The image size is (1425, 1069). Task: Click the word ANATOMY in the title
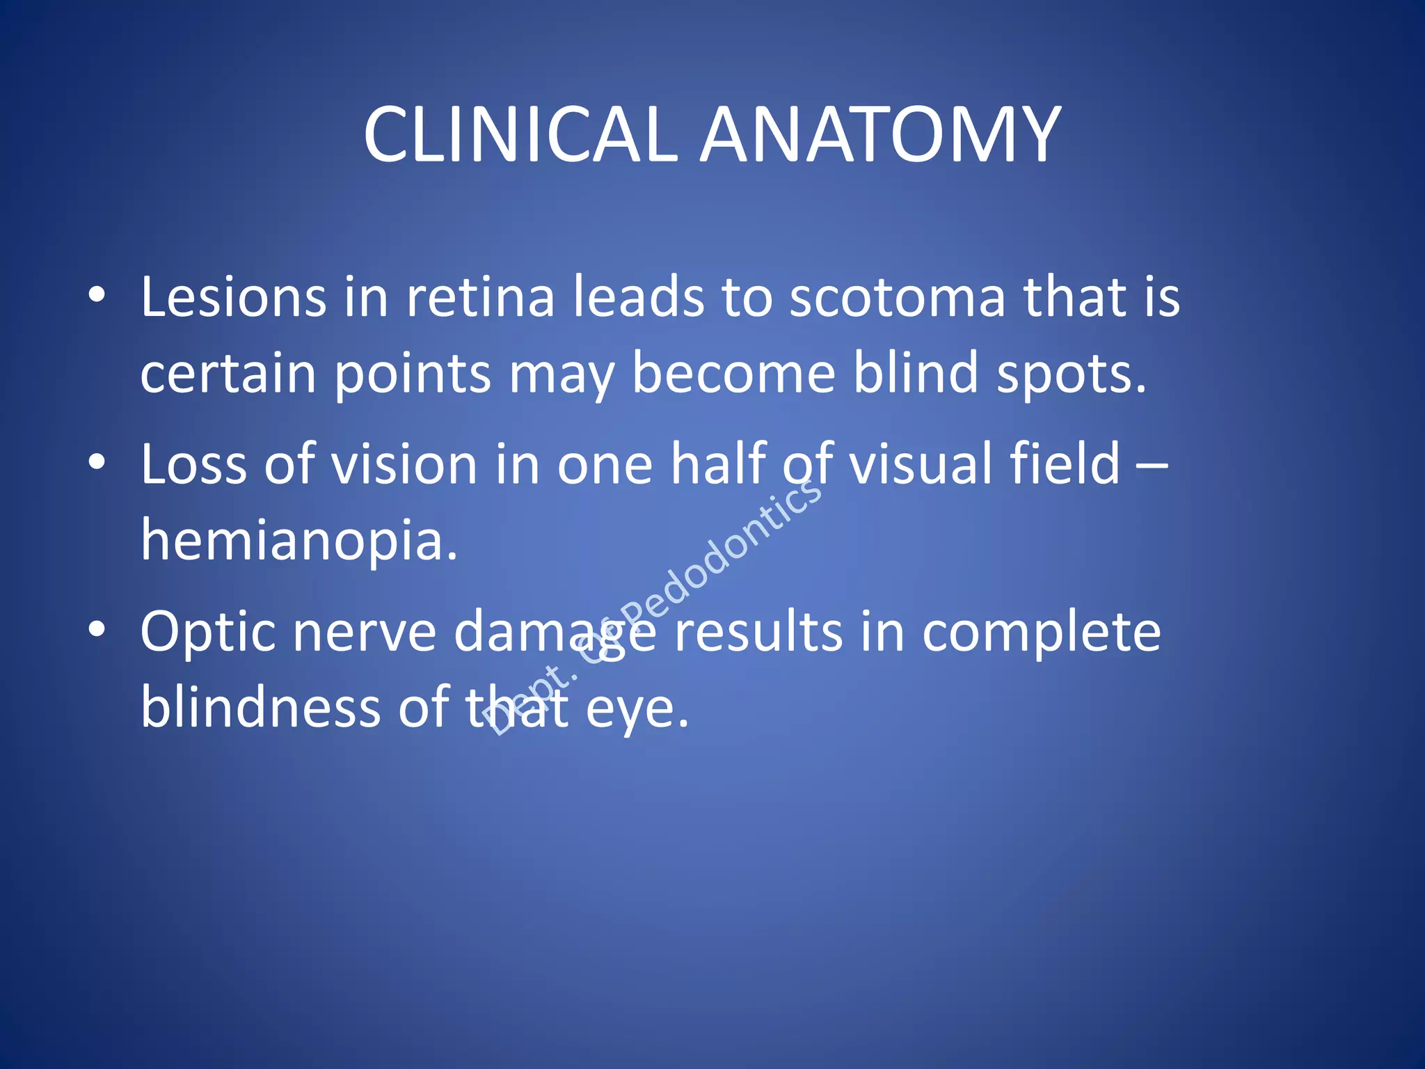[x=880, y=135]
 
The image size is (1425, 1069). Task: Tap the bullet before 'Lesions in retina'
[x=97, y=296]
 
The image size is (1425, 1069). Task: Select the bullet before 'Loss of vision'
[x=97, y=463]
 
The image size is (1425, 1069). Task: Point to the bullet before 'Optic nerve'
[x=97, y=630]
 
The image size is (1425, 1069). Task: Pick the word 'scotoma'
[x=898, y=298]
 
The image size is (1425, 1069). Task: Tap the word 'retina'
[x=480, y=298]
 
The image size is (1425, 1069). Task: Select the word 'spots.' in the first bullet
[x=1071, y=373]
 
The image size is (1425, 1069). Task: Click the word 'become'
[x=733, y=373]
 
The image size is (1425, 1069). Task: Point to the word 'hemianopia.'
[x=299, y=541]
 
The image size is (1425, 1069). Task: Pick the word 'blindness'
[x=260, y=707]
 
